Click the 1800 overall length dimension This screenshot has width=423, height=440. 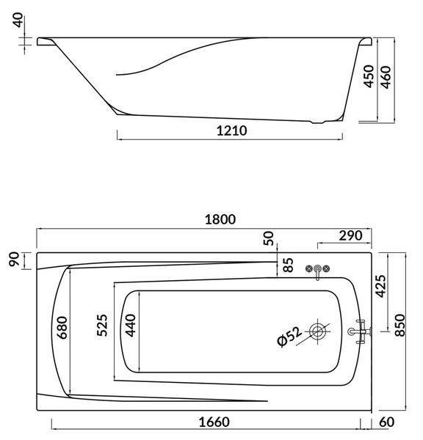coord(220,219)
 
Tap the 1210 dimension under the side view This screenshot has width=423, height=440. coord(232,131)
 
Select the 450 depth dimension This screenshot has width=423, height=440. coord(369,76)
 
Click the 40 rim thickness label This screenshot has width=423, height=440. coord(18,20)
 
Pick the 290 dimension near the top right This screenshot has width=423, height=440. coord(350,235)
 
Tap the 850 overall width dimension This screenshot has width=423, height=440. coord(400,325)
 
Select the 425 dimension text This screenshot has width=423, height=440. coord(381,286)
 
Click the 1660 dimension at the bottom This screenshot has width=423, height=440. coord(214,422)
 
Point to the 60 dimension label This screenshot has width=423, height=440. coord(387,422)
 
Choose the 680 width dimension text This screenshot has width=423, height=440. coord(62,328)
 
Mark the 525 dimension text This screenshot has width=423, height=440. coord(102,325)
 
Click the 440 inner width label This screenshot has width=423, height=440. coord(130,325)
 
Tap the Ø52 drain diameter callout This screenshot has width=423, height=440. coord(289,337)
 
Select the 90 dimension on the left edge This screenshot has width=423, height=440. coord(14,259)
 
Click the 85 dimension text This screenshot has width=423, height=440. coord(288,265)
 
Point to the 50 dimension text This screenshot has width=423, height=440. coord(269,238)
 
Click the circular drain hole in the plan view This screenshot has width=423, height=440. coord(318,331)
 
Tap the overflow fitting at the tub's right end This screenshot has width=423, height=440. coord(360,331)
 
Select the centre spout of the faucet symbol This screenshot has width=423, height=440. coord(317,271)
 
